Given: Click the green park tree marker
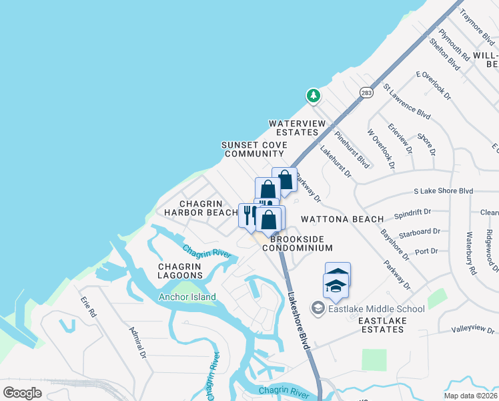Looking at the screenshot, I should click(x=313, y=96).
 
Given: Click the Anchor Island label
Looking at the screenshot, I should click(x=187, y=297).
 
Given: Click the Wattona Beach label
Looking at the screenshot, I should click(x=342, y=219).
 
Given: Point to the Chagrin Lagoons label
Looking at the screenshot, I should click(x=179, y=271).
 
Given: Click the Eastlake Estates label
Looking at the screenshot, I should click(x=382, y=325).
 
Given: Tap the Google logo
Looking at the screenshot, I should click(x=22, y=392).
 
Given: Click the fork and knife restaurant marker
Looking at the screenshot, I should click(x=247, y=214).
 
